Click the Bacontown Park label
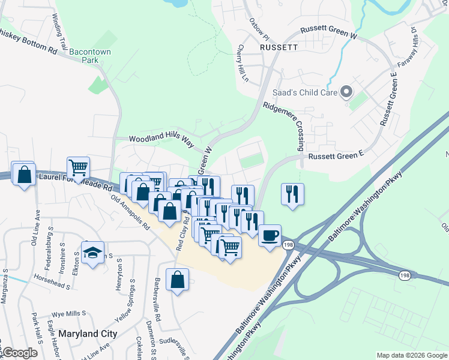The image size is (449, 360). [x=89, y=56]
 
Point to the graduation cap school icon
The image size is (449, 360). [x=92, y=252]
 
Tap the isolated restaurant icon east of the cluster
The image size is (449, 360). [x=292, y=194]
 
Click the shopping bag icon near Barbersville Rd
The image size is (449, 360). [x=178, y=280]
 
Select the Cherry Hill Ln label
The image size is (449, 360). [x=243, y=64]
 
